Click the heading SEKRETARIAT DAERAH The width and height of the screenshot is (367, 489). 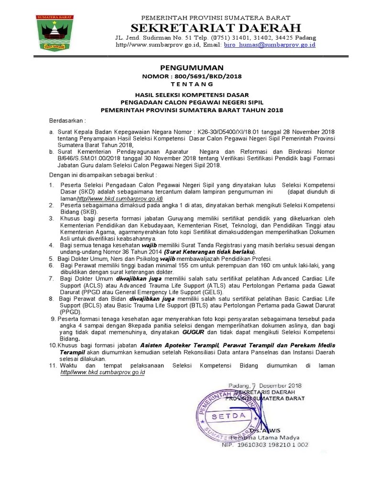pyautogui.click(x=216, y=27)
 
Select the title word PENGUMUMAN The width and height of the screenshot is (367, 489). pyautogui.click(x=192, y=68)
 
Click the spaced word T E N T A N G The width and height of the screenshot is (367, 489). pyautogui.click(x=192, y=84)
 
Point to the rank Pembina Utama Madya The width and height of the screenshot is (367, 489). pyautogui.click(x=270, y=437)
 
